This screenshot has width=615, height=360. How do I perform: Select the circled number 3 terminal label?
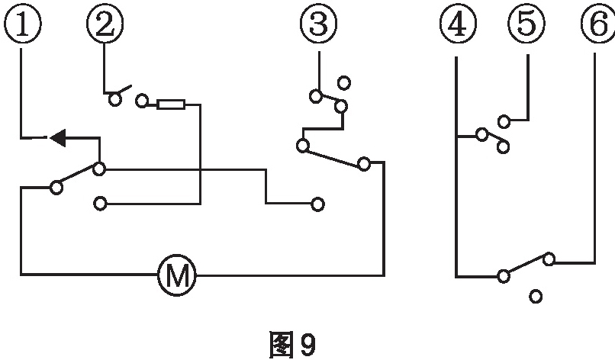point(318,24)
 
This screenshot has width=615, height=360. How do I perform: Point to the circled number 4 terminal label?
point(456,24)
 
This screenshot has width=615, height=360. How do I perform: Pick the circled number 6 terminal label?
point(596,24)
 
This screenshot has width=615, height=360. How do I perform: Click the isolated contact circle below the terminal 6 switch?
point(536,296)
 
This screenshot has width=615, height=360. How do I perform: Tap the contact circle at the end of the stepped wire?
point(318,204)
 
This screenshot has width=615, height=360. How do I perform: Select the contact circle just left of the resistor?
point(142,101)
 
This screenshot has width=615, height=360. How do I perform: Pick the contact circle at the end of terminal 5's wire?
point(504,121)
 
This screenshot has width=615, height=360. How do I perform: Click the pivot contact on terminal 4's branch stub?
point(481,135)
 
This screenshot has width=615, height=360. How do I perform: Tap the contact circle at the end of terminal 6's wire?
point(549,259)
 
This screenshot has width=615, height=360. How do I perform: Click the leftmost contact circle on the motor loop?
point(56,186)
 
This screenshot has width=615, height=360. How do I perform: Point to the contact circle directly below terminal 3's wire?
point(315,96)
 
